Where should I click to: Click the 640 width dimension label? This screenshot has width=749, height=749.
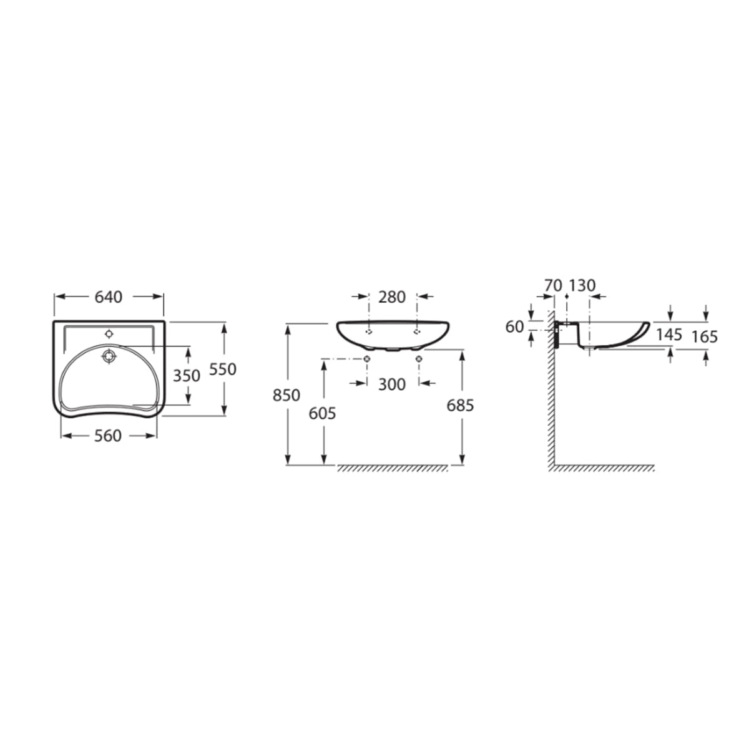click(109, 297)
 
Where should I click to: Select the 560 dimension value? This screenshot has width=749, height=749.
click(108, 436)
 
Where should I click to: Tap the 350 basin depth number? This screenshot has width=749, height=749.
click(187, 376)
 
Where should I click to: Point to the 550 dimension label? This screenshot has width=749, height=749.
click(223, 370)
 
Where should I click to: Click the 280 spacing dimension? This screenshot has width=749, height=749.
click(392, 297)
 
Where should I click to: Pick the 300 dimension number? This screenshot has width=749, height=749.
click(392, 385)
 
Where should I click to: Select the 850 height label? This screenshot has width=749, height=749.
click(286, 396)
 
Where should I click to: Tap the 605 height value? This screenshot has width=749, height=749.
click(322, 414)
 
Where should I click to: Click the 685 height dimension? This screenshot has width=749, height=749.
click(460, 406)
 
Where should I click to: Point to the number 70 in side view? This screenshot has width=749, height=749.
click(553, 286)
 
